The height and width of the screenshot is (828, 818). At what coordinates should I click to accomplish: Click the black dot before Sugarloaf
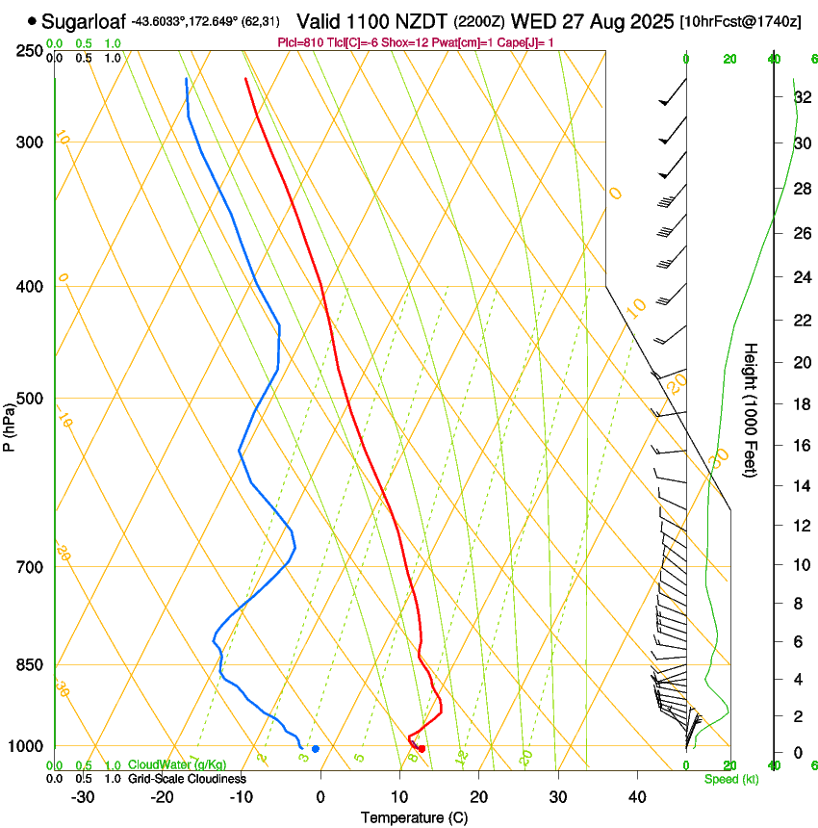click(x=33, y=20)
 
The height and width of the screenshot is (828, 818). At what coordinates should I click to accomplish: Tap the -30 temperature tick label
click(x=83, y=797)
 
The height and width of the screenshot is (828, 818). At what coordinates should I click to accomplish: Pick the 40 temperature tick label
click(x=637, y=797)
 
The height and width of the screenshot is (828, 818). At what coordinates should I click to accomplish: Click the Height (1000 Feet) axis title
click(x=751, y=409)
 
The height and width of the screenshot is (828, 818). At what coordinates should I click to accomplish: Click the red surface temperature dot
click(x=422, y=749)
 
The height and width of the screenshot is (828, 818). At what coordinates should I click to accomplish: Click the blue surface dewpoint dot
click(x=316, y=749)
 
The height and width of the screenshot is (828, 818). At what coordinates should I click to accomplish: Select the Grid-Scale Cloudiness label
click(x=187, y=779)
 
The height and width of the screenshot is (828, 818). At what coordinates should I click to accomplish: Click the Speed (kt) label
click(x=730, y=779)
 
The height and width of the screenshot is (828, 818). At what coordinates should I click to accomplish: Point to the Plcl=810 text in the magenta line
click(x=302, y=42)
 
